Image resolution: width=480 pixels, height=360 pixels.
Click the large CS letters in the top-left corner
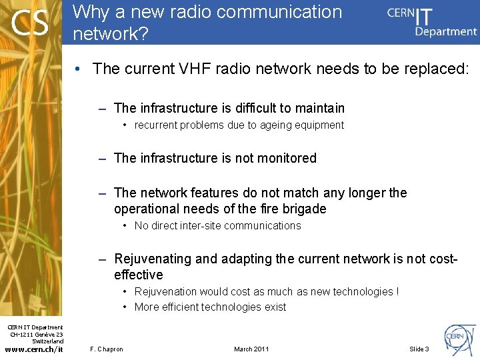30,23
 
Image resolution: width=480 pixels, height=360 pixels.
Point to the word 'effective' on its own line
139,275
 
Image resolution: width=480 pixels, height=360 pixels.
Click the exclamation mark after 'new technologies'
397,291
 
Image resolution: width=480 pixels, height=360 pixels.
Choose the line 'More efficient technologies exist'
210,307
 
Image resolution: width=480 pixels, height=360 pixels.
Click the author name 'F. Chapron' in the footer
106,349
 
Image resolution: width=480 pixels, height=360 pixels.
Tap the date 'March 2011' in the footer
252,349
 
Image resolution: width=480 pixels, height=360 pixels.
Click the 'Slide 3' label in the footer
419,349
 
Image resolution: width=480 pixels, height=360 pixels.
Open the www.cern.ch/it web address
34,349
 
